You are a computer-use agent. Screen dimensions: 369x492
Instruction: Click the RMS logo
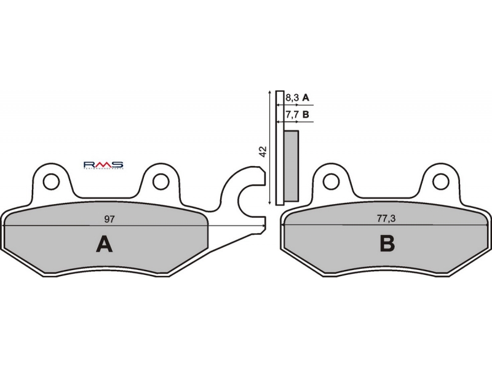(x=103, y=165)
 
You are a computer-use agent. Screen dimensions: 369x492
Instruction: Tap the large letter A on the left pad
(x=105, y=245)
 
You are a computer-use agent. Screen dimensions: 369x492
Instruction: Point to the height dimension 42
(x=263, y=152)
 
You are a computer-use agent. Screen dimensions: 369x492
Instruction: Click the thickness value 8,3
(x=293, y=98)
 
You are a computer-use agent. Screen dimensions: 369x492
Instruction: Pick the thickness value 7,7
(x=293, y=115)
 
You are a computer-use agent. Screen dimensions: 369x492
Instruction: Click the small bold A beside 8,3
(x=306, y=98)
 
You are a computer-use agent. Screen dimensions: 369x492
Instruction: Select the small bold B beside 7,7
(x=306, y=115)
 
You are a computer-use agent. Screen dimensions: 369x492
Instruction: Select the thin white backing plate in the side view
(x=280, y=148)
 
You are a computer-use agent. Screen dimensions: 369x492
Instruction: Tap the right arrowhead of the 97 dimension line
(x=263, y=226)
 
